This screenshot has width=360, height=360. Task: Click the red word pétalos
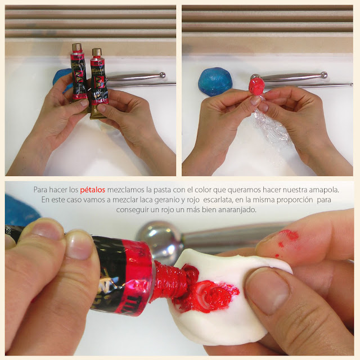click(92, 190)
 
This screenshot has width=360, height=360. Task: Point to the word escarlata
click(217, 200)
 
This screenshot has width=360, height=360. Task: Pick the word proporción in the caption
click(295, 200)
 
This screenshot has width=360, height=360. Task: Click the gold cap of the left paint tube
click(76, 47)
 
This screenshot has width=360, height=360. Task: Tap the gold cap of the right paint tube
click(97, 52)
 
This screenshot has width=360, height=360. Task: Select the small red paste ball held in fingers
click(256, 86)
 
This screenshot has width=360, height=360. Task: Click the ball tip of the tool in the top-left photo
click(162, 75)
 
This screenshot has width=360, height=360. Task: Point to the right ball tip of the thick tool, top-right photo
click(324, 75)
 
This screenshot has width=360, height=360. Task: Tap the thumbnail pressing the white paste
click(268, 290)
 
